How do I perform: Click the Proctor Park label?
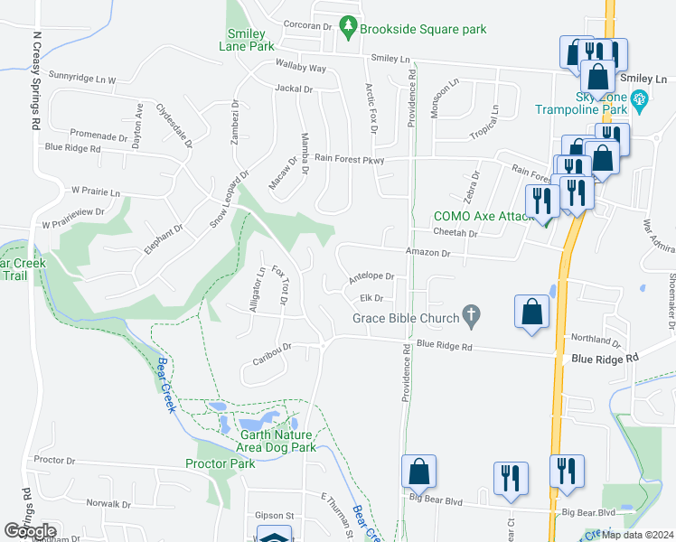[220, 463]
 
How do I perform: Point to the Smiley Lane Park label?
[245, 40]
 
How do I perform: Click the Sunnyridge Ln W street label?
[82, 79]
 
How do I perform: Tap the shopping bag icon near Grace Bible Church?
[532, 313]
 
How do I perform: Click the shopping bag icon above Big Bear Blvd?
[419, 472]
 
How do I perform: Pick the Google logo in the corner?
[30, 531]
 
